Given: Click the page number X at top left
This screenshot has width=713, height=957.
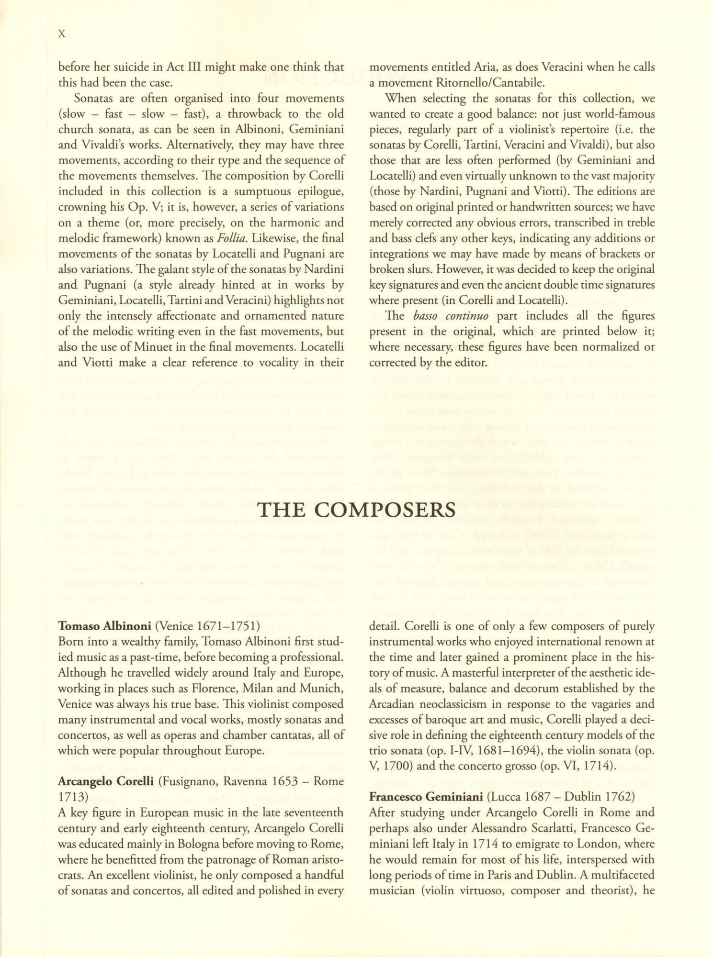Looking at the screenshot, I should tap(61, 33).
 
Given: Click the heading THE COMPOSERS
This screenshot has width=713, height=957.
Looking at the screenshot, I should tap(357, 510).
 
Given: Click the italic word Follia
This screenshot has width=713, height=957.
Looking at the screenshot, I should tap(231, 238).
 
